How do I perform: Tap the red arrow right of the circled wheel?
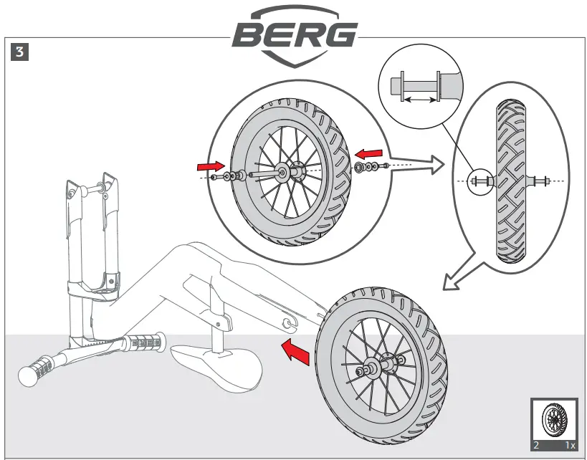pyautogui.click(x=370, y=153)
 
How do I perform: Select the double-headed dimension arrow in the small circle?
pyautogui.click(x=420, y=101)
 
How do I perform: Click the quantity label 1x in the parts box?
pyautogui.click(x=570, y=446)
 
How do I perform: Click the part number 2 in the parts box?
pyautogui.click(x=536, y=446)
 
